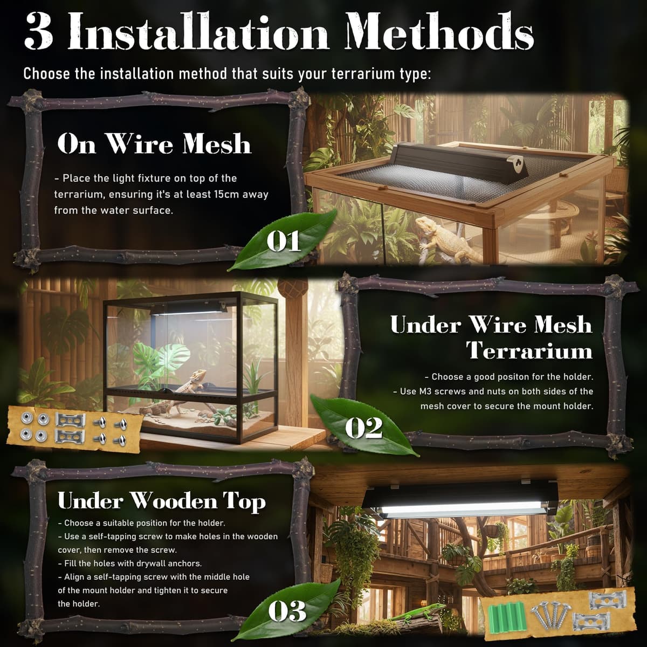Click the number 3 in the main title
click(x=39, y=31)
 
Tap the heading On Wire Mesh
click(x=154, y=143)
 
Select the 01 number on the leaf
click(x=284, y=240)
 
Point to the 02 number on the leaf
click(x=363, y=428)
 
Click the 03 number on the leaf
click(x=287, y=611)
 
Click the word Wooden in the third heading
click(x=174, y=501)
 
